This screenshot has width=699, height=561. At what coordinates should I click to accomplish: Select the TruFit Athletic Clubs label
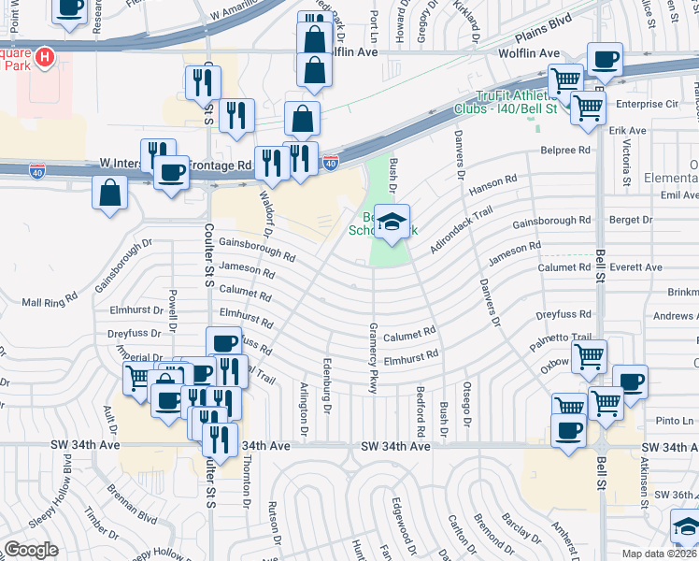(516, 102)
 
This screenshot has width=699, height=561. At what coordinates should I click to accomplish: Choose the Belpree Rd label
(565, 150)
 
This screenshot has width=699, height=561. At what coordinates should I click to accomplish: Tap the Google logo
(31, 549)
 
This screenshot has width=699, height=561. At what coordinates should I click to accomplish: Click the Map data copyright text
(660, 554)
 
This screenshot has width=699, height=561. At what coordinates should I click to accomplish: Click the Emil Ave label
(678, 195)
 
